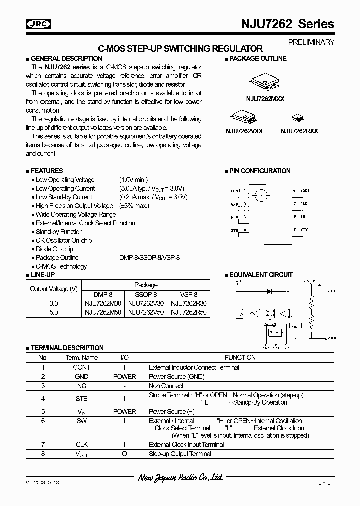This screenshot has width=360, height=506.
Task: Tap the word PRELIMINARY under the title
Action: pyautogui.click(x=311, y=42)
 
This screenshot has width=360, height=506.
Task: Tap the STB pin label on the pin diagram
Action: pyautogui.click(x=235, y=230)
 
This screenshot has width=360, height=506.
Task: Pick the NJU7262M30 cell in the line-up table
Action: pyautogui.click(x=104, y=303)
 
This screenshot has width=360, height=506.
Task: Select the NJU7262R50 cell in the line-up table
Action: pyautogui.click(x=189, y=312)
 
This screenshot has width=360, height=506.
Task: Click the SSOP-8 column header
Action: pyautogui.click(x=146, y=294)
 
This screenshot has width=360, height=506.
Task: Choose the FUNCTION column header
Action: pyautogui.click(x=240, y=357)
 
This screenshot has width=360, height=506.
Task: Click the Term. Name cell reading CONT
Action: pyautogui.click(x=82, y=367)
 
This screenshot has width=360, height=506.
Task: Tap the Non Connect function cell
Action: pyautogui.click(x=166, y=386)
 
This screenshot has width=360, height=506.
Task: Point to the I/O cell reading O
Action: pyautogui.click(x=124, y=454)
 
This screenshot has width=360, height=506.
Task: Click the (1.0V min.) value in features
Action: pyautogui.click(x=133, y=180)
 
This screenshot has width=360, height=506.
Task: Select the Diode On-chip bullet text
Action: pyautogui.click(x=54, y=249)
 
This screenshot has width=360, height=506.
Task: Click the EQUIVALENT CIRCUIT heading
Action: pyautogui.click(x=261, y=275)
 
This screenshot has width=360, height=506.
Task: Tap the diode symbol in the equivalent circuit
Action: pyautogui.click(x=269, y=291)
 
